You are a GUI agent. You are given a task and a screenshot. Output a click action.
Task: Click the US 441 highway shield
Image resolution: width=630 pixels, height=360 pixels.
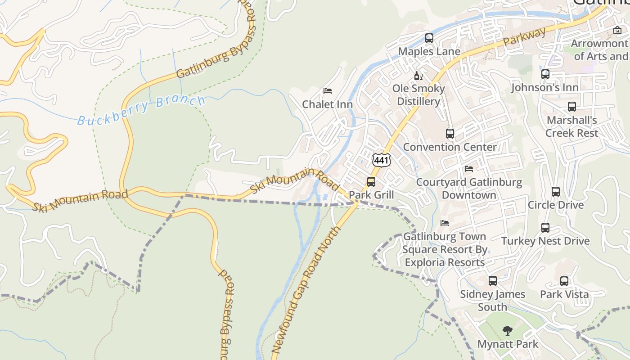381,160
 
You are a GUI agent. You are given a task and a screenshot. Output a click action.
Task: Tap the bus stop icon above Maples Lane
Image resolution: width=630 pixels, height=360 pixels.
429,38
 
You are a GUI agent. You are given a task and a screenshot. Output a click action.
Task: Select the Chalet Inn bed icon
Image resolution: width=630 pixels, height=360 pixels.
328,91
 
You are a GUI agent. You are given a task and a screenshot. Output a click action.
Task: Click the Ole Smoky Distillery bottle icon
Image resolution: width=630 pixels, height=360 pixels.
418,76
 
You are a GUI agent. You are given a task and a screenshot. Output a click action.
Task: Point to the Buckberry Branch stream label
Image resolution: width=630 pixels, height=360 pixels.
141,110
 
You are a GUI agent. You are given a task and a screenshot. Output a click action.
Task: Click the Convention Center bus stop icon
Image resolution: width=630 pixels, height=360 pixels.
450,134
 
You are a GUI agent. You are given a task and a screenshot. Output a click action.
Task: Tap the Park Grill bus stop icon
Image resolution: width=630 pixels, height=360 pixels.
371,182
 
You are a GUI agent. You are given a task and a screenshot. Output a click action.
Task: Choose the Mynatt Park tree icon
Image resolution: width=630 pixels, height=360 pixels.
508,331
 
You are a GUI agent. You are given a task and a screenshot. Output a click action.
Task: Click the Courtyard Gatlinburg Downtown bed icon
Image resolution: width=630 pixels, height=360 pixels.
469,169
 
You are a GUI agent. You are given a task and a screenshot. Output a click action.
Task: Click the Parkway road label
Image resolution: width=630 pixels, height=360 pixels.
525,37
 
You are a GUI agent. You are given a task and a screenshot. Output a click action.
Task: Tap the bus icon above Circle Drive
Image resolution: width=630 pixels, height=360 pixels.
556,192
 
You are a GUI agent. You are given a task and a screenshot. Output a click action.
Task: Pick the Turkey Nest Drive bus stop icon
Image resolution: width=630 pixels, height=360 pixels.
545,228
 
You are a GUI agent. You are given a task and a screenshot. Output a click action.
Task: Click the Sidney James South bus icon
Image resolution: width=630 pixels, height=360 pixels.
493,281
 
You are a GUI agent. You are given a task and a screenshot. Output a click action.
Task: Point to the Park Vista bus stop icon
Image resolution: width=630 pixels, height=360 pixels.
564,281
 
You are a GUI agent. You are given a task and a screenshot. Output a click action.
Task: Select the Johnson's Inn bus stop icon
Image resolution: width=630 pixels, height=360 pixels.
545,74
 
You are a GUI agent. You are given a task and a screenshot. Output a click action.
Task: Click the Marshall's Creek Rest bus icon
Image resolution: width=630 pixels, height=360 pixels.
572,107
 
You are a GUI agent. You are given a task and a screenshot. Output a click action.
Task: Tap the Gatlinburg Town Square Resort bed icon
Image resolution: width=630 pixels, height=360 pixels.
445,223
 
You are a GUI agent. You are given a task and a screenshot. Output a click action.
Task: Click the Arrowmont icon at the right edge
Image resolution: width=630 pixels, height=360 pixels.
617,31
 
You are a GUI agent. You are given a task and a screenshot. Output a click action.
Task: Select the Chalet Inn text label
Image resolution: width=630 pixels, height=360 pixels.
327,104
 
